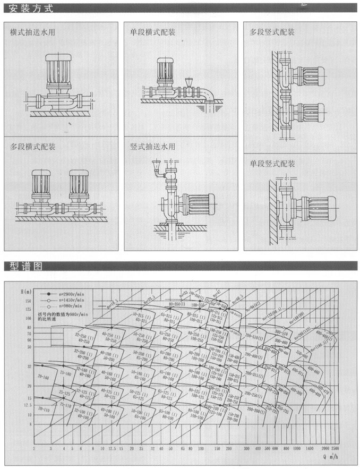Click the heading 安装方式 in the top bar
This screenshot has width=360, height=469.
(x=31, y=7)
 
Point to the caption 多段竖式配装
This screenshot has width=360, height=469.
(x=272, y=32)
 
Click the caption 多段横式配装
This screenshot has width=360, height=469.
(x=33, y=147)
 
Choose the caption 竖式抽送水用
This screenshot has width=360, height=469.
(x=153, y=147)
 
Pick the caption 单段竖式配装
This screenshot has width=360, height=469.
(x=272, y=164)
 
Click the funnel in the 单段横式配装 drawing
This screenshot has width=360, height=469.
(x=188, y=83)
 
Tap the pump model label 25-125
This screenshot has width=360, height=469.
(x=65, y=393)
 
